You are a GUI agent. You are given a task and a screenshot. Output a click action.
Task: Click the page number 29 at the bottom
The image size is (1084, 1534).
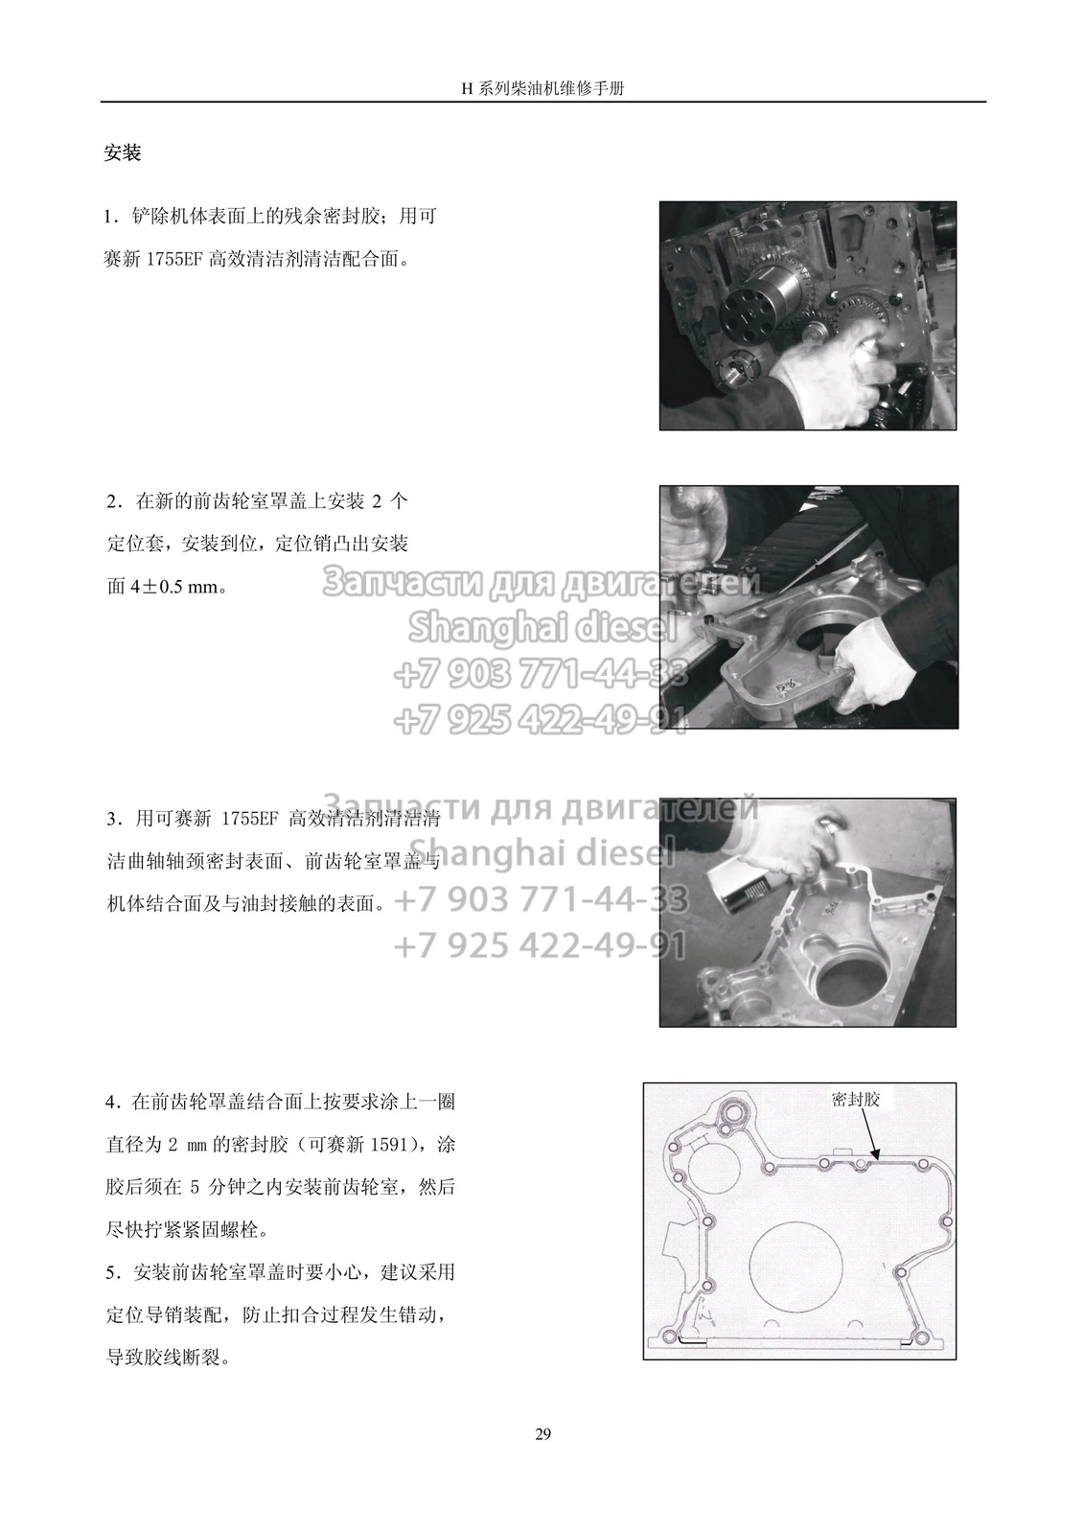tap(542, 1434)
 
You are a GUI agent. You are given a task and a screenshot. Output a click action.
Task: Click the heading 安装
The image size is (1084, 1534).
tap(123, 152)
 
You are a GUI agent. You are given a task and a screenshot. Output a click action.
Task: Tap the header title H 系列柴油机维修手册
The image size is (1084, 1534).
tap(542, 88)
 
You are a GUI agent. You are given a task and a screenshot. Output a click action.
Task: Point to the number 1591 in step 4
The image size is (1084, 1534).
tap(388, 1145)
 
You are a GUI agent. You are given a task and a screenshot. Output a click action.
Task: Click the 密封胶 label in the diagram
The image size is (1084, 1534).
tap(855, 1100)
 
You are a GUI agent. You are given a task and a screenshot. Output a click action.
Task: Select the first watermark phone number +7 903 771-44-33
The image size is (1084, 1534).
tap(541, 674)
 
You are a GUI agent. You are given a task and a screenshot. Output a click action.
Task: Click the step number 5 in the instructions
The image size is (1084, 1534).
tap(112, 1273)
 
